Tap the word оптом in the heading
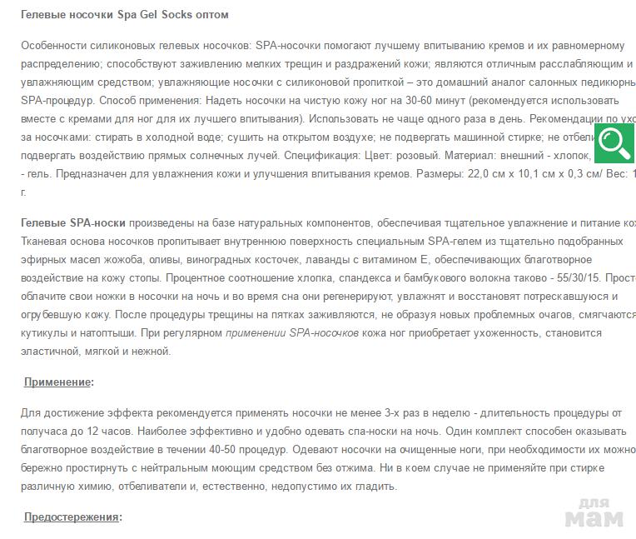[x=209, y=15]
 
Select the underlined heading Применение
[x=57, y=382]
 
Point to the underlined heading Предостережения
[x=72, y=517]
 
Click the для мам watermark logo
[x=594, y=512]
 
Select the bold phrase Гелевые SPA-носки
[x=74, y=222]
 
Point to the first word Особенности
[x=54, y=46]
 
